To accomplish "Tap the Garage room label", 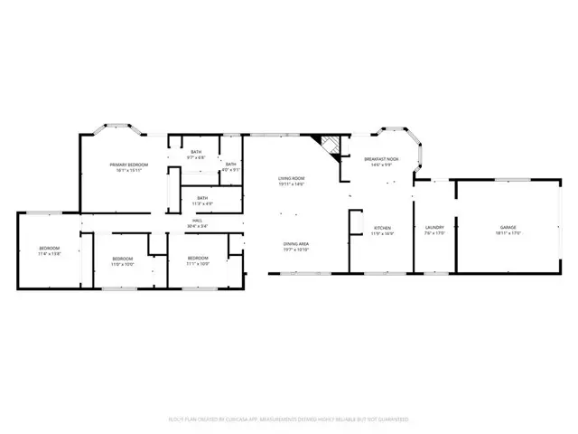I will click(507, 227).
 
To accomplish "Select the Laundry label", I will click(434, 227).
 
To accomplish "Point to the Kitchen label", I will click(383, 227).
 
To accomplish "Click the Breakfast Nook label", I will click(382, 159).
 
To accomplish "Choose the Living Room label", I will click(291, 178).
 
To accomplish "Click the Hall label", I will click(197, 220).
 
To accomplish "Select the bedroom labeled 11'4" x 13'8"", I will click(49, 249).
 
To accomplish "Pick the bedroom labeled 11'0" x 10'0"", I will click(122, 260).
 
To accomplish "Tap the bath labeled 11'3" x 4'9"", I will click(202, 198).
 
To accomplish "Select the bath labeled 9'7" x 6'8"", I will click(196, 153).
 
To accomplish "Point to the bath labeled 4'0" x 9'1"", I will click(231, 165).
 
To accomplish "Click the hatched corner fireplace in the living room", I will click(326, 146).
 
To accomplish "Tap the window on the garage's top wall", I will click(507, 180).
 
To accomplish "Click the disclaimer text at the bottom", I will click(288, 420).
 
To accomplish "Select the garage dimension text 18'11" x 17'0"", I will click(507, 233).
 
